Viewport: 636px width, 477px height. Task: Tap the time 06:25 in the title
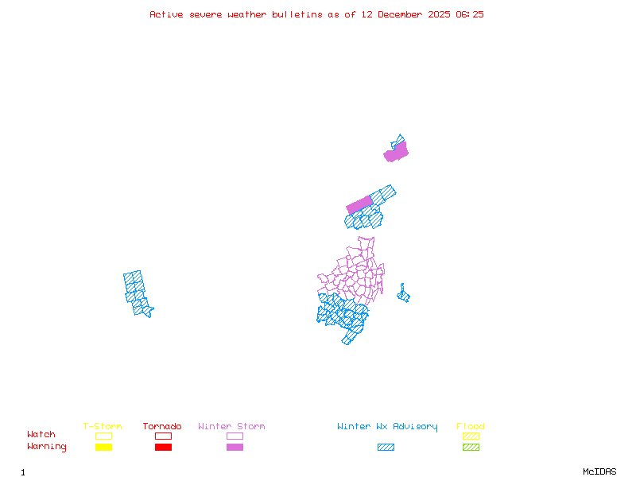coord(470,14)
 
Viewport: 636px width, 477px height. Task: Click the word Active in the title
coord(166,14)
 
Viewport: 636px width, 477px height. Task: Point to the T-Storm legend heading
coord(103,427)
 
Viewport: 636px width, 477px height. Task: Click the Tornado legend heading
coord(162,427)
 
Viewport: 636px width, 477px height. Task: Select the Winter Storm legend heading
coord(231,427)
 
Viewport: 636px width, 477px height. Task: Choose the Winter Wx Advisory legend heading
coord(387,427)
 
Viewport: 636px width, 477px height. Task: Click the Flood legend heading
coord(471,427)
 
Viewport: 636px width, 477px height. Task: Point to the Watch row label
coord(41,435)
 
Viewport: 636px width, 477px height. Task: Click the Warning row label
coord(47,447)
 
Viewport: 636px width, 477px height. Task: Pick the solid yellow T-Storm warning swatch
coord(103,447)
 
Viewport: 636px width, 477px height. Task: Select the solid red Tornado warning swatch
coord(163,447)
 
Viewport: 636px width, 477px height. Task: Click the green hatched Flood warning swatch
coord(471,447)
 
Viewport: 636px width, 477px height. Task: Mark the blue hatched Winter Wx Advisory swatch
coord(386,447)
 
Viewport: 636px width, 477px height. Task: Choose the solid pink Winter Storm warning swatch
coord(235,447)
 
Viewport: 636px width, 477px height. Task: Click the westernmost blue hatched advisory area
coord(137,293)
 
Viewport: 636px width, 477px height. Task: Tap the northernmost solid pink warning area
coord(397,152)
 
